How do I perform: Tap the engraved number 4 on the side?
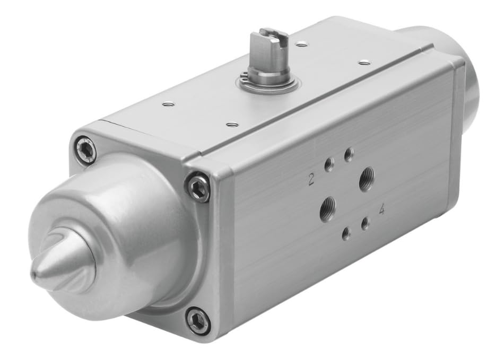click(381, 210)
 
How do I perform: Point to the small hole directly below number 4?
click(365, 224)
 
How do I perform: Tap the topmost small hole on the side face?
click(349, 155)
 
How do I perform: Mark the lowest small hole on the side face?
click(346, 233)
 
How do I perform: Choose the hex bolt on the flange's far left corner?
click(85, 150)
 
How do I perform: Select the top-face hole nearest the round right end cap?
click(364, 63)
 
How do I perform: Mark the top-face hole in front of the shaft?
click(231, 125)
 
